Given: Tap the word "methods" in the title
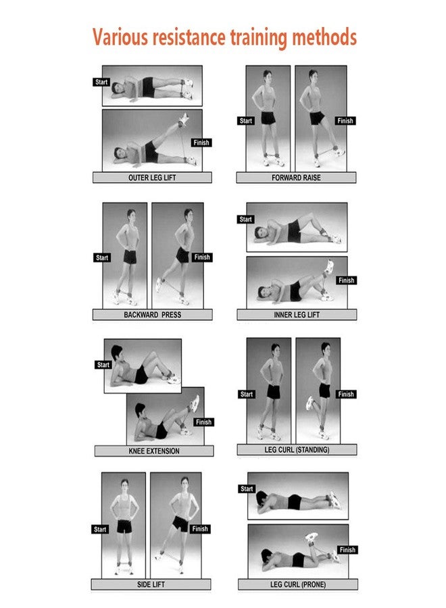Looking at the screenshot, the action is [x=324, y=37].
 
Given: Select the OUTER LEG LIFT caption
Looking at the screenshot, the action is [x=152, y=178].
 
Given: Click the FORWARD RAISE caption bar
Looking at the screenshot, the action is [x=296, y=178].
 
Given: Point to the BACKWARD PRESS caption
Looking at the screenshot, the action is [x=153, y=314].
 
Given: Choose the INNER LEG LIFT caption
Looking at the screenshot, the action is [x=297, y=314].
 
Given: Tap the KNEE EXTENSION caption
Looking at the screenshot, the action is [x=154, y=451].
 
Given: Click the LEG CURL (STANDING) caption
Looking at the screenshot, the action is [x=297, y=450].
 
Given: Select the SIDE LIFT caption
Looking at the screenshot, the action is [x=151, y=584].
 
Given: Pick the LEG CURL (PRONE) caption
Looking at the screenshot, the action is [x=298, y=584].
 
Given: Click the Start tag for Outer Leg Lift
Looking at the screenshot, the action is [x=101, y=82].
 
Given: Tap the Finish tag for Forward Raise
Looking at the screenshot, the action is [x=345, y=121].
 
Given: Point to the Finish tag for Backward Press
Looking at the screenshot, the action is [x=202, y=257].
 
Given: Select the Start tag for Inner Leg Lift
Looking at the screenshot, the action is [x=245, y=219].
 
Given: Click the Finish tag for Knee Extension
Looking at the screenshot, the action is [x=203, y=422].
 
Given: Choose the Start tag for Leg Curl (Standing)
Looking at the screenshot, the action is [x=246, y=395].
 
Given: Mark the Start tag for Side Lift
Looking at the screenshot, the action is [x=100, y=529].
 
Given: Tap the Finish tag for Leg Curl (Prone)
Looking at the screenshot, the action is [x=347, y=549].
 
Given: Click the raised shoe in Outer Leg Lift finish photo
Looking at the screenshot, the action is [x=183, y=118].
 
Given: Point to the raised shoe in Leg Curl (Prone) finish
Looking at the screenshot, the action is [x=311, y=537].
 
